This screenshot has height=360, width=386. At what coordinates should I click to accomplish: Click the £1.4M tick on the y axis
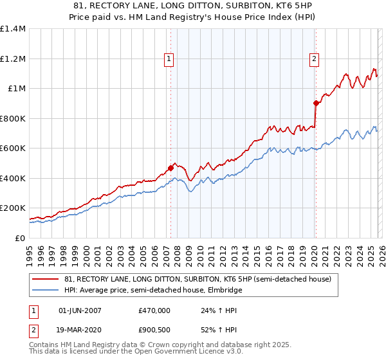point(13,29)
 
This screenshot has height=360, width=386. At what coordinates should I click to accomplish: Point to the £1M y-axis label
point(16,89)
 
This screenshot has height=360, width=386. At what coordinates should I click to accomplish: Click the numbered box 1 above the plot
point(169,60)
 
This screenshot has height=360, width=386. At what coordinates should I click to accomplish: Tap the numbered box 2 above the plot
point(315,60)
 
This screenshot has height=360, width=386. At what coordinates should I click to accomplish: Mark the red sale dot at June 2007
point(170,168)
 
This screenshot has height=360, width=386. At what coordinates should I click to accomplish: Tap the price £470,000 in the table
point(154,310)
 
